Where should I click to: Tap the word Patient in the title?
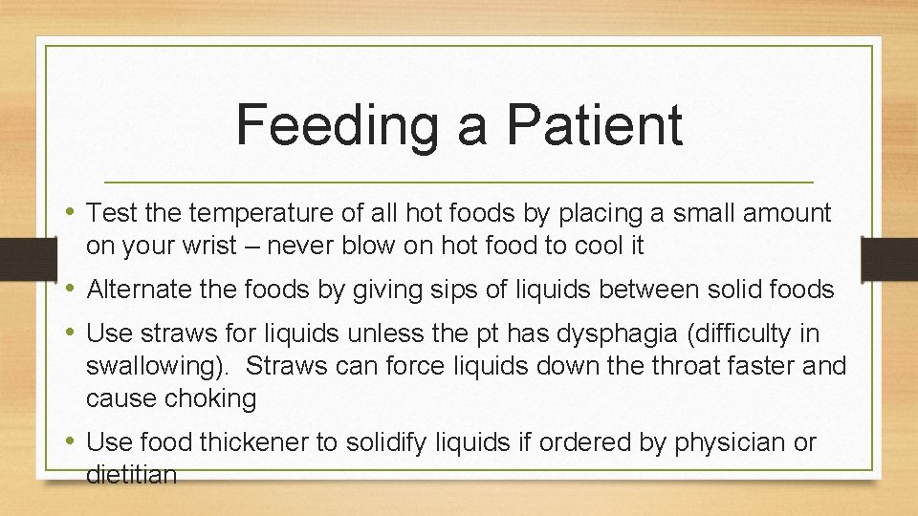(595, 125)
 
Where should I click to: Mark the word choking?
(208, 398)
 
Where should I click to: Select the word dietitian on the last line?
(131, 474)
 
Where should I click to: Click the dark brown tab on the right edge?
(888, 260)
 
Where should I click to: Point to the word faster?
(776, 366)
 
